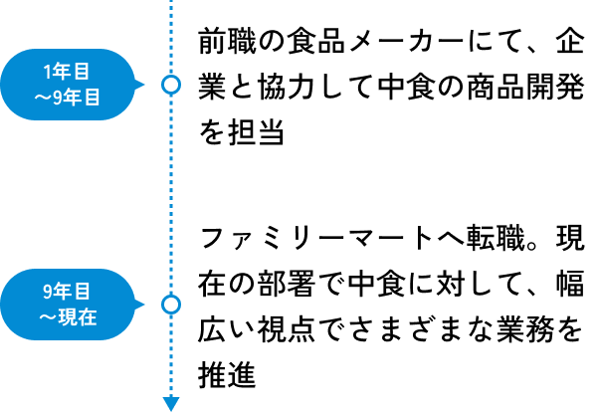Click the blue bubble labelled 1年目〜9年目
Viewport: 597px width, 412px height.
69,85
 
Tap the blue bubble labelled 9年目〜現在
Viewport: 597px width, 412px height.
69,305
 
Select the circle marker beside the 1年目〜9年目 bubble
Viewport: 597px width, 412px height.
171,85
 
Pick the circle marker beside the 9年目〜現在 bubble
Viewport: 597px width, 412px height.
171,305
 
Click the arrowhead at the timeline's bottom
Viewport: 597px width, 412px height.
171,404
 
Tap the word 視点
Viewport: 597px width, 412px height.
287,329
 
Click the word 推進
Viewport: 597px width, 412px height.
227,375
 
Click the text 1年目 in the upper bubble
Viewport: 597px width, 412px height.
67,72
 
